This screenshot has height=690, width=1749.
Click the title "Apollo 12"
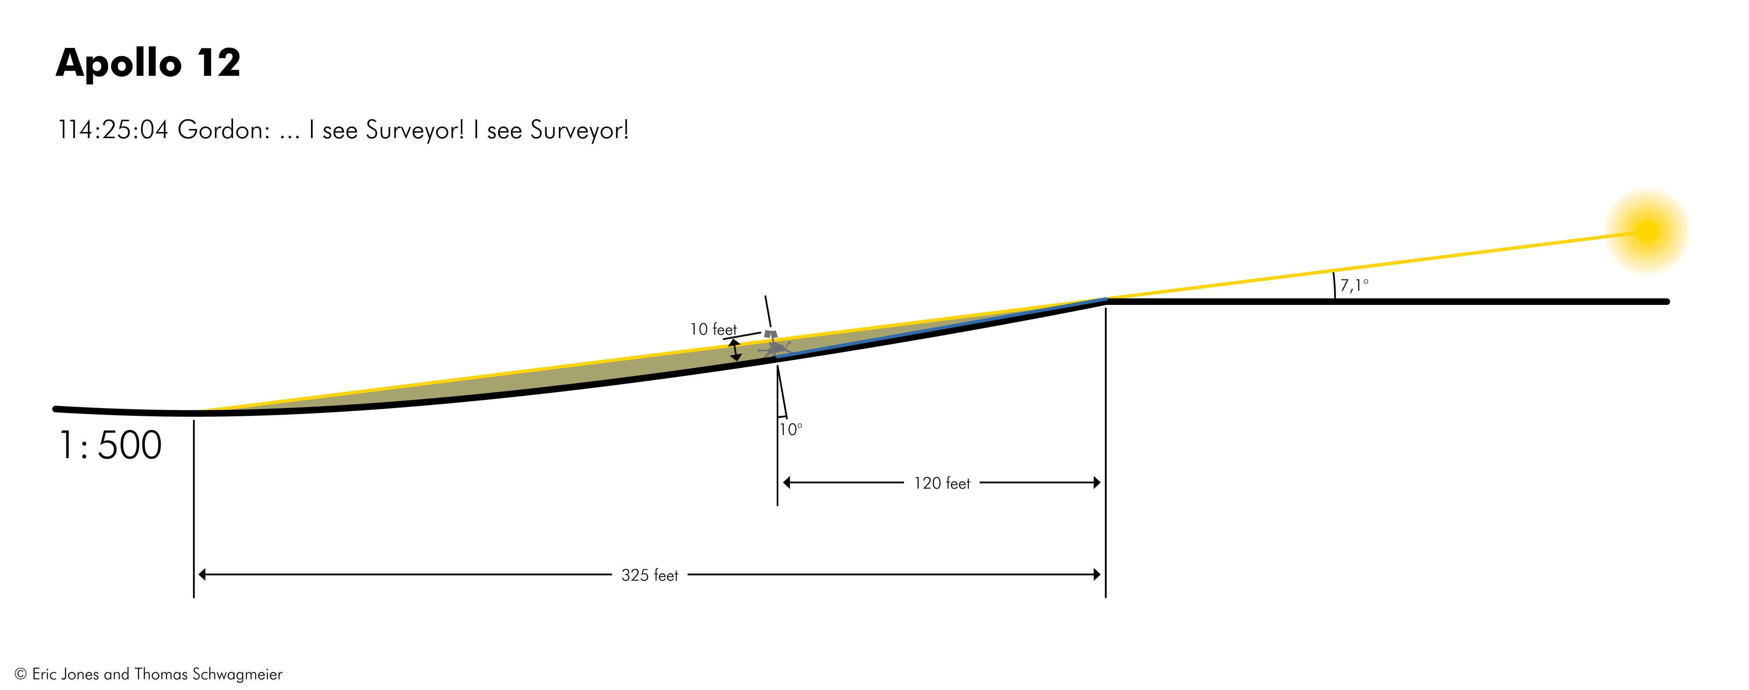click(148, 63)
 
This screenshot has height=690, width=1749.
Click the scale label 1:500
click(111, 446)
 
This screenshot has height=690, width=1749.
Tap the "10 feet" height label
click(713, 330)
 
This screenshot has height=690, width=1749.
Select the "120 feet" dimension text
click(942, 483)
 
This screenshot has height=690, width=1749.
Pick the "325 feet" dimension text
click(650, 576)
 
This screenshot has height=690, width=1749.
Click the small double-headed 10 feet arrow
click(735, 350)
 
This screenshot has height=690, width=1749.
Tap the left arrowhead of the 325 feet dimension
click(202, 575)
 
